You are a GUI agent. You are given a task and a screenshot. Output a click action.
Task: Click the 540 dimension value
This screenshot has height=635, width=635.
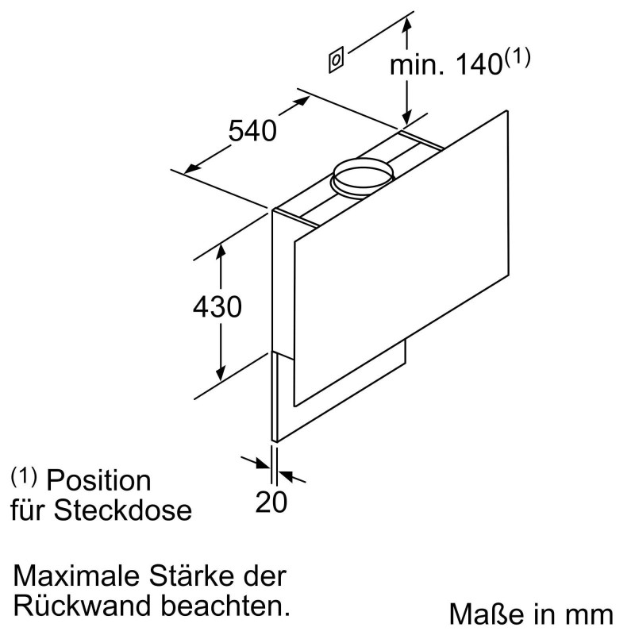252,129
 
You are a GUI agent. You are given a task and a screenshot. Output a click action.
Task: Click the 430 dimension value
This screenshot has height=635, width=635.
217,306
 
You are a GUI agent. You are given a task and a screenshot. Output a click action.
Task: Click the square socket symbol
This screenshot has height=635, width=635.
337,60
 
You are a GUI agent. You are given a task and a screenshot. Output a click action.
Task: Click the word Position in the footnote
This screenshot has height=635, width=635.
98,480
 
